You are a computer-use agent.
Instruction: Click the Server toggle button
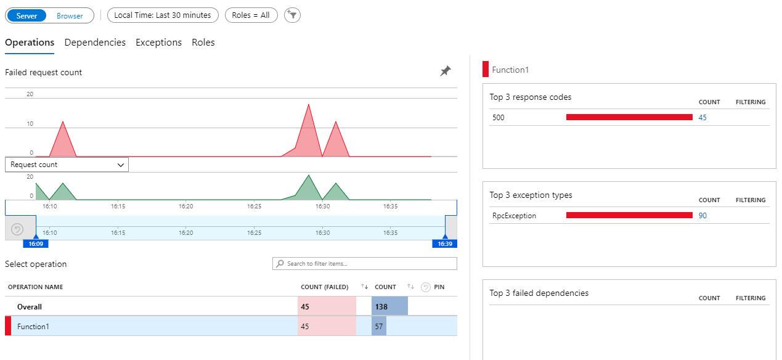tap(26, 15)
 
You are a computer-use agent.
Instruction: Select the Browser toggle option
tap(70, 15)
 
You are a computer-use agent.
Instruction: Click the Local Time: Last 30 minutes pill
tap(163, 15)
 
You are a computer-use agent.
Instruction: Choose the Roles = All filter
tap(251, 15)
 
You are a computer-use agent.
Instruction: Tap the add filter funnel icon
tap(292, 15)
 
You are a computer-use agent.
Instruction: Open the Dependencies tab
tap(95, 43)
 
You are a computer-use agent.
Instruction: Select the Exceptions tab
tap(158, 43)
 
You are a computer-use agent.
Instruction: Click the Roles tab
tap(203, 43)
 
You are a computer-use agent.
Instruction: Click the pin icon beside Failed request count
tap(445, 72)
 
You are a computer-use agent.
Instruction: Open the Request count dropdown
tap(67, 165)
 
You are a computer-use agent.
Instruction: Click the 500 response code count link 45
tap(703, 117)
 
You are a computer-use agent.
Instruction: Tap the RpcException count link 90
tap(703, 216)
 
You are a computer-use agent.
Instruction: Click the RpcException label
tap(514, 216)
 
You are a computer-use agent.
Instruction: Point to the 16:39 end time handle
tap(445, 243)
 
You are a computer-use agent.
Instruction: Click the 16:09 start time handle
tap(35, 243)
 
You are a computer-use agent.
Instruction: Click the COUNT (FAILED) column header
tap(324, 287)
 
